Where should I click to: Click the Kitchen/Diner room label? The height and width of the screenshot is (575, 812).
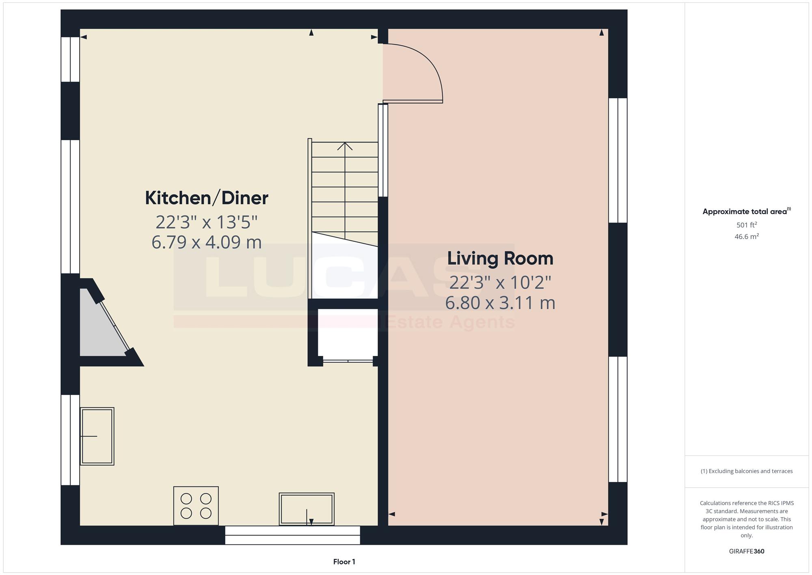pyautogui.click(x=207, y=198)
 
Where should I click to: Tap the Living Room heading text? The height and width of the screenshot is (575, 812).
pyautogui.click(x=500, y=258)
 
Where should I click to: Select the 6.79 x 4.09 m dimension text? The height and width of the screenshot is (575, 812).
pyautogui.click(x=207, y=242)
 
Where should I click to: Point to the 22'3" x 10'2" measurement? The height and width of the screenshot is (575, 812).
pyautogui.click(x=500, y=282)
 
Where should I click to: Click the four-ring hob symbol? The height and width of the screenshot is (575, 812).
pyautogui.click(x=196, y=506)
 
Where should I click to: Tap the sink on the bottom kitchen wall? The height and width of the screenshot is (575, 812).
pyautogui.click(x=307, y=509)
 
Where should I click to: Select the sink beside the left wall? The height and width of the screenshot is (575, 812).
pyautogui.click(x=97, y=436)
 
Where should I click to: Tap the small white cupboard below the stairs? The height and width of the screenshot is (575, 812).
pyautogui.click(x=348, y=334)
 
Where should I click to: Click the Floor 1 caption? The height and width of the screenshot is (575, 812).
pyautogui.click(x=344, y=562)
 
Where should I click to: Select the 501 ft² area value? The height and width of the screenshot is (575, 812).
pyautogui.click(x=747, y=225)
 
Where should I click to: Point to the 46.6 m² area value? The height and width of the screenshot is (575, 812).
pyautogui.click(x=747, y=237)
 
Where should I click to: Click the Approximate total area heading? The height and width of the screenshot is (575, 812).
pyautogui.click(x=747, y=211)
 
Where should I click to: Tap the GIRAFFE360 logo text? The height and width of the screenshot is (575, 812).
pyautogui.click(x=747, y=551)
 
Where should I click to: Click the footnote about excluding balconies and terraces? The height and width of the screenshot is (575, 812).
pyautogui.click(x=747, y=471)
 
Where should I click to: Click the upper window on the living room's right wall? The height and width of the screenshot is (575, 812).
pyautogui.click(x=618, y=160)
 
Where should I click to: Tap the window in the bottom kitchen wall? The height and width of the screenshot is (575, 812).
pyautogui.click(x=293, y=535)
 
